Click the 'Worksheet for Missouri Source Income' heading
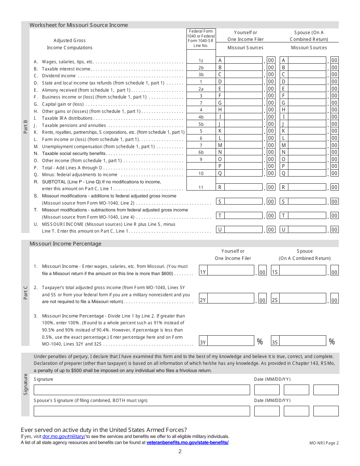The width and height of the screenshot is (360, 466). (79, 25)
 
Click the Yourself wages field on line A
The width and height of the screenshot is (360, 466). (243, 60)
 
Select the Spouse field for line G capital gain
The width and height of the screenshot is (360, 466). (307, 103)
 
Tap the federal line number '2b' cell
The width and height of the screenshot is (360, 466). (201, 67)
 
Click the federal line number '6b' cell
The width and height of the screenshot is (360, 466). (201, 152)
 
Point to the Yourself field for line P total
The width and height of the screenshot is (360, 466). (243, 166)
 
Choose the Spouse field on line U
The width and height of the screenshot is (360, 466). (307, 229)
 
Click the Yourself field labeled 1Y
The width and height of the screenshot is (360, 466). (230, 271)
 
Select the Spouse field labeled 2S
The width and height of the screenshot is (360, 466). (302, 299)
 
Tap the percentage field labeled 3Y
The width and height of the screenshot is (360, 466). (230, 341)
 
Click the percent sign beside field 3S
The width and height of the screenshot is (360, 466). (332, 342)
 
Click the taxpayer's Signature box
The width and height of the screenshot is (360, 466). (142, 390)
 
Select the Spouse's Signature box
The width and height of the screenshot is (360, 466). (142, 411)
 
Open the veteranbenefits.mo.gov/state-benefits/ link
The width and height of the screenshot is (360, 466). (188, 443)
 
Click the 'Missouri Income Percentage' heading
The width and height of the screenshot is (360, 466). (66, 244)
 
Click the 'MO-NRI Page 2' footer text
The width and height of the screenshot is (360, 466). (324, 443)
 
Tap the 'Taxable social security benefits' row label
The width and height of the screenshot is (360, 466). (74, 153)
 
